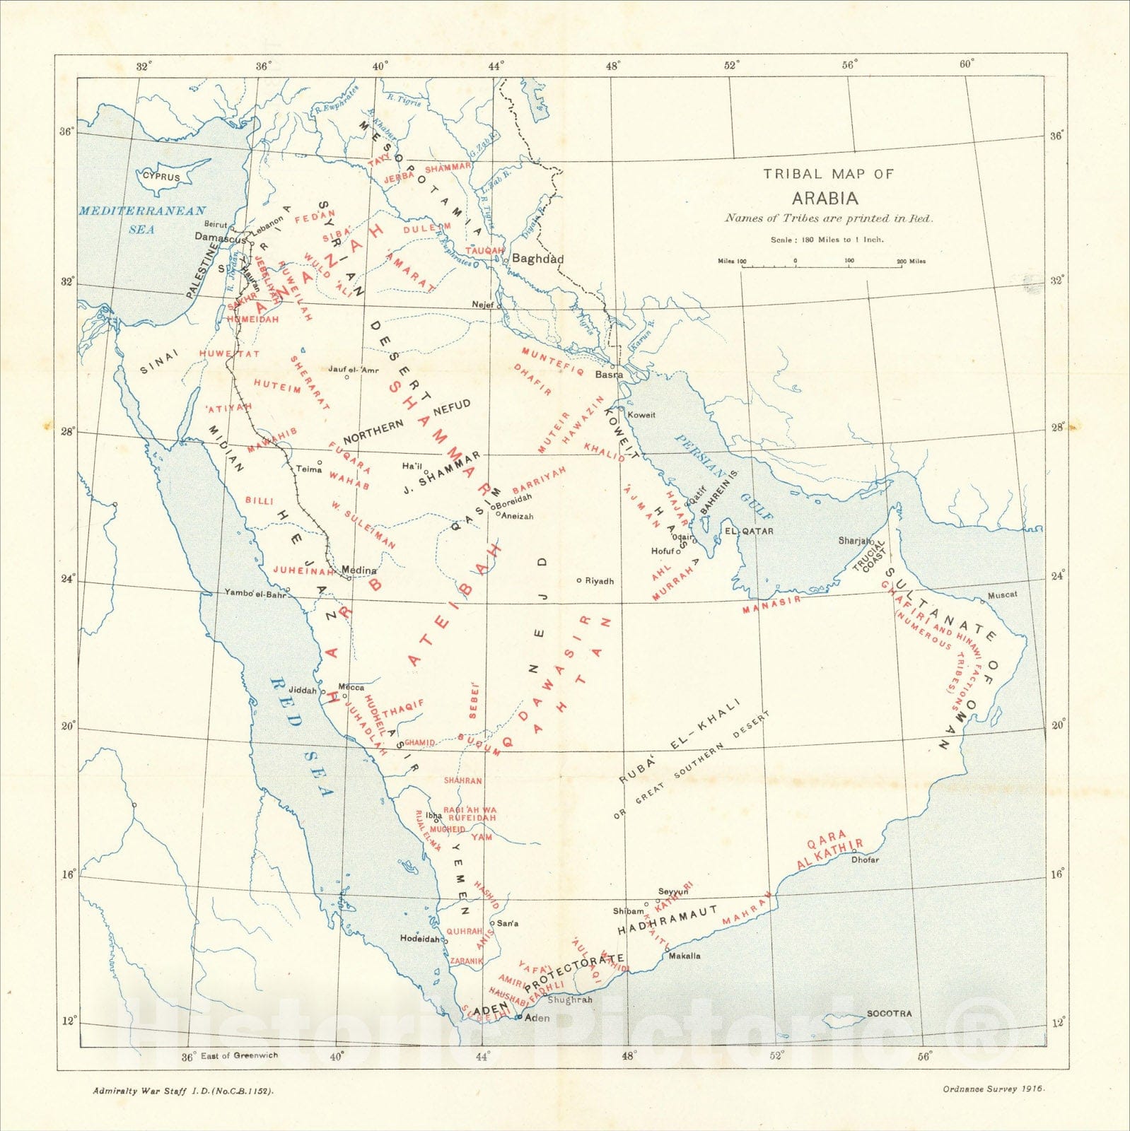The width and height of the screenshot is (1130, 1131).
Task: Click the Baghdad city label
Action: (x=537, y=259)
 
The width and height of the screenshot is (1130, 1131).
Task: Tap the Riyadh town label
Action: (x=599, y=581)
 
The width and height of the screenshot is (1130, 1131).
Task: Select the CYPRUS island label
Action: (x=162, y=177)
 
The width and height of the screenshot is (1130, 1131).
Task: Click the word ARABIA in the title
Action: (x=825, y=198)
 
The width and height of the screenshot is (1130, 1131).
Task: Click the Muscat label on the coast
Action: (x=1001, y=594)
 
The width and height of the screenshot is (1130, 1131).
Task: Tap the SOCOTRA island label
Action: (x=889, y=1013)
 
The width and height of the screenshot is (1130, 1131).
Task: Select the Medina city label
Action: (x=359, y=570)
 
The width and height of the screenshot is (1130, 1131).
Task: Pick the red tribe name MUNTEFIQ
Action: (x=552, y=361)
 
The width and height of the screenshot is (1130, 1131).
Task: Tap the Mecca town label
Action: (x=351, y=687)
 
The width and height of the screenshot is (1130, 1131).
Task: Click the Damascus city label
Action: (x=220, y=238)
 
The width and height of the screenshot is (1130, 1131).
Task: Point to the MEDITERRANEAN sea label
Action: (x=142, y=211)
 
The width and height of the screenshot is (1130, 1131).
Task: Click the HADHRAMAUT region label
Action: (x=668, y=920)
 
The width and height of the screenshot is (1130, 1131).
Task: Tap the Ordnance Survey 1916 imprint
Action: (x=993, y=1089)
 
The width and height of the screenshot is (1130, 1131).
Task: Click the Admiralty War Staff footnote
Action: (x=183, y=1091)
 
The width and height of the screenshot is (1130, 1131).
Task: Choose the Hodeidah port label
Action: (x=420, y=939)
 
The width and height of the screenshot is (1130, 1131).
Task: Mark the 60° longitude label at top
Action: (x=967, y=64)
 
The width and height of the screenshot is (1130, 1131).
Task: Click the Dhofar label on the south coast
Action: (x=865, y=860)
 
